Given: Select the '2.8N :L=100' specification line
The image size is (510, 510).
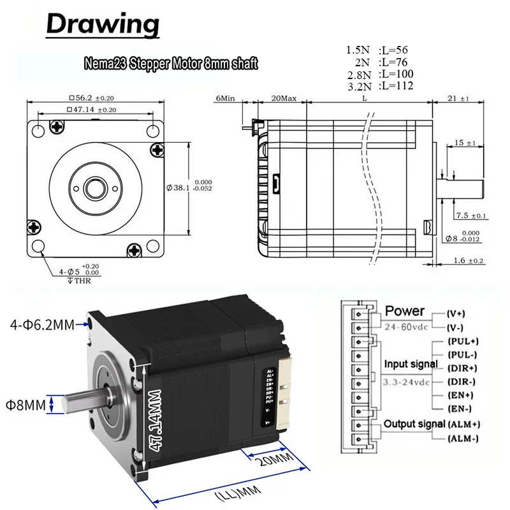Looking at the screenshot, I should (379, 74).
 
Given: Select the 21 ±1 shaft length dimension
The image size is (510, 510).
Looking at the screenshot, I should (459, 99).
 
